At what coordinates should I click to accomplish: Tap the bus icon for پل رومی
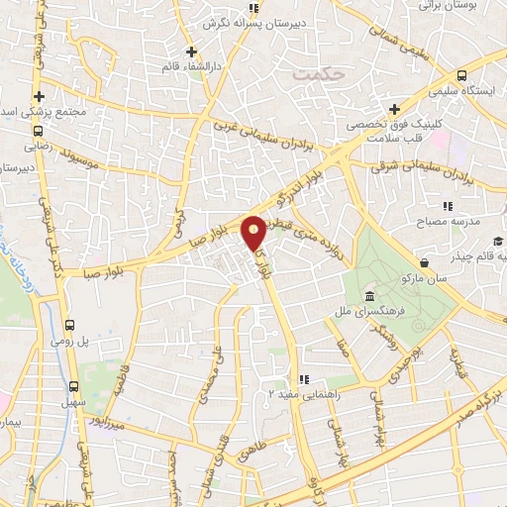[x=69, y=325]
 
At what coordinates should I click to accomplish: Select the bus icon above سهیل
[x=75, y=387]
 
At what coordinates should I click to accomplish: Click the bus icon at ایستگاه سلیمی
[x=462, y=76]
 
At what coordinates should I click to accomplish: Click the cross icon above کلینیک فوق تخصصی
[x=394, y=109]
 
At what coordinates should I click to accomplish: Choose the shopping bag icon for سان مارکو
[x=425, y=263]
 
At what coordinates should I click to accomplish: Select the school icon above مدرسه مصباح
[x=448, y=206]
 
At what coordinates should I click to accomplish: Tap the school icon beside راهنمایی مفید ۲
[x=305, y=379]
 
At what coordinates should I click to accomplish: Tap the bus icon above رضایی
[x=38, y=130]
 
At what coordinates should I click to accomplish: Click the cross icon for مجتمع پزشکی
[x=38, y=97]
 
